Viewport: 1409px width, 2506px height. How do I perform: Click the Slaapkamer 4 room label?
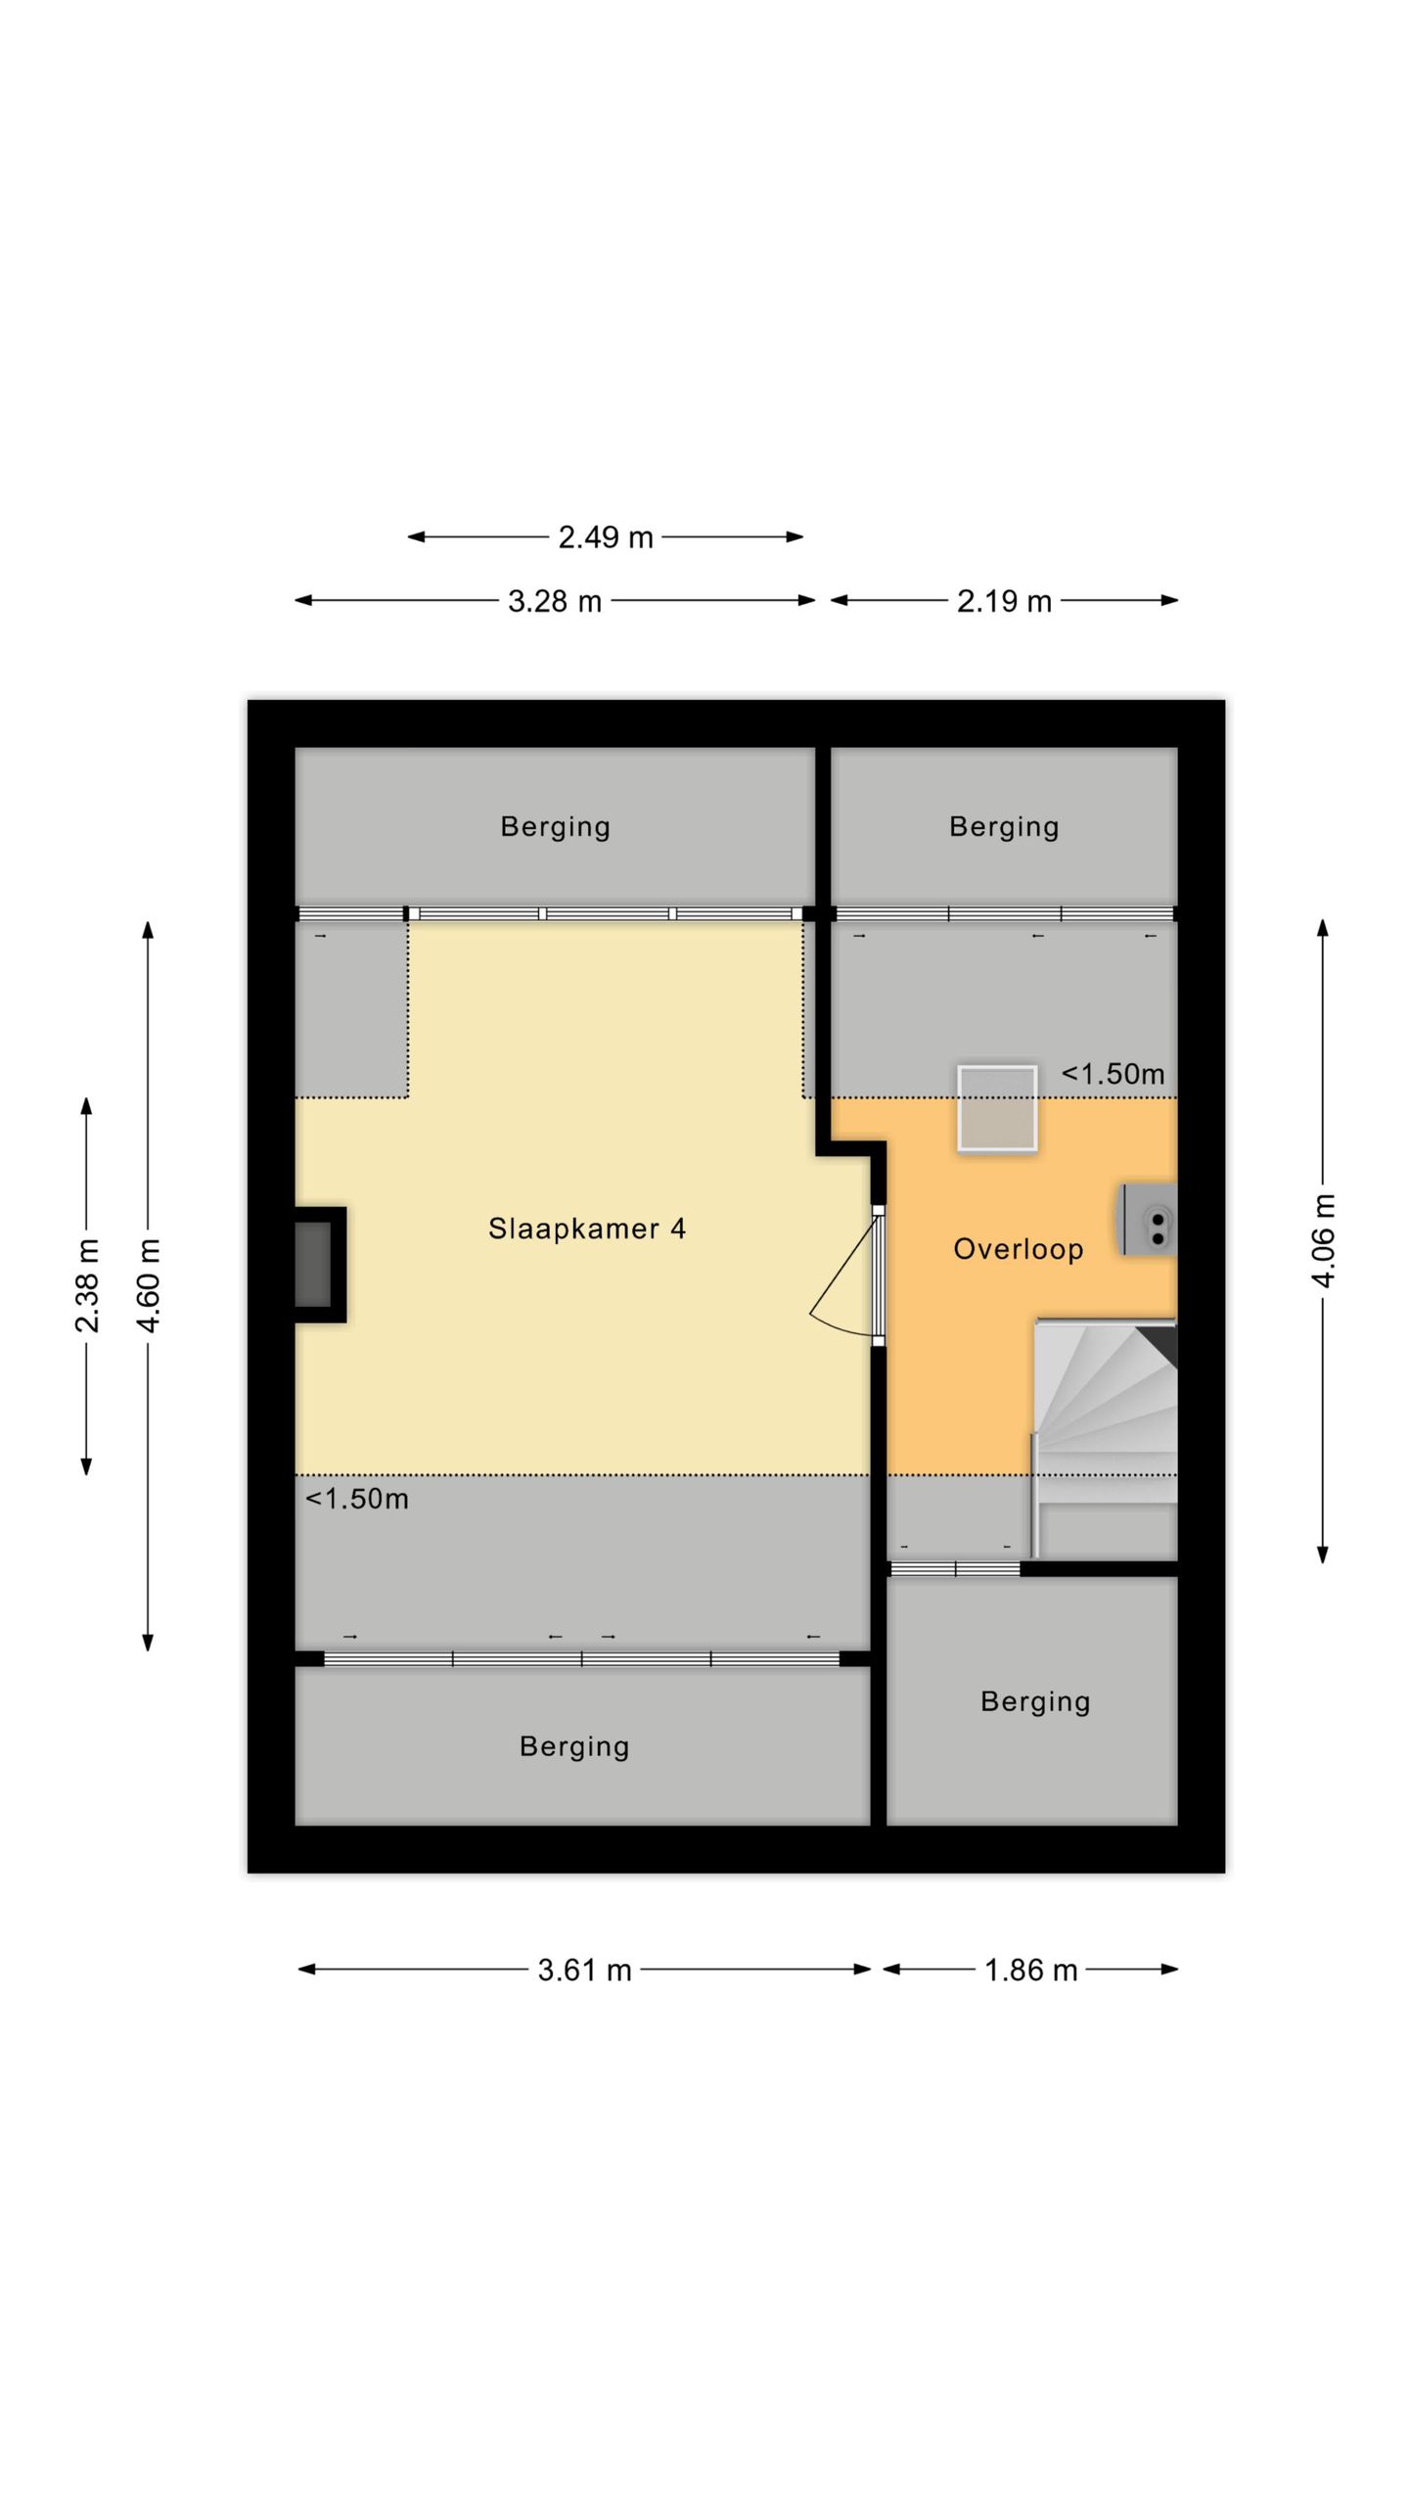click(x=586, y=1228)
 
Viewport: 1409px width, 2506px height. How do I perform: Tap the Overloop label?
click(x=1018, y=1248)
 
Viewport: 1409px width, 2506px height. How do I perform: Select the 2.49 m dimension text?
click(x=606, y=537)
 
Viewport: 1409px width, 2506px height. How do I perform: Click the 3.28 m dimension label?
click(x=555, y=601)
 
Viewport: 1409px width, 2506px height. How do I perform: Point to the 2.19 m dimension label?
click(x=1004, y=601)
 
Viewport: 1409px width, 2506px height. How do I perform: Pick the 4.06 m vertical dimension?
click(x=1323, y=1240)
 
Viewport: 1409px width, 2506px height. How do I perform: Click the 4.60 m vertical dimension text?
click(x=148, y=1285)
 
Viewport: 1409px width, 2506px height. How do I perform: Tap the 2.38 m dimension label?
click(x=86, y=1285)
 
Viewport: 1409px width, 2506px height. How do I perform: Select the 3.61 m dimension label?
click(x=584, y=1970)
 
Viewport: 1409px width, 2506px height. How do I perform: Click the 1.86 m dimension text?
click(x=1030, y=1970)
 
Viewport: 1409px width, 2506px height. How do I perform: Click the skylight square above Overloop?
click(x=997, y=1108)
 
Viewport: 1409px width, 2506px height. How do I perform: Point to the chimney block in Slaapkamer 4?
click(x=320, y=1265)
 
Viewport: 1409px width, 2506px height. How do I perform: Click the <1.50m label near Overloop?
click(x=1113, y=1074)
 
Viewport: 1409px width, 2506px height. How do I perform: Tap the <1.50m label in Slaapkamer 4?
click(x=356, y=1499)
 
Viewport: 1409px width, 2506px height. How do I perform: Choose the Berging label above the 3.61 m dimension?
click(x=574, y=1747)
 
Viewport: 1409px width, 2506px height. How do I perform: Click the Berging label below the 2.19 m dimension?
click(x=1004, y=827)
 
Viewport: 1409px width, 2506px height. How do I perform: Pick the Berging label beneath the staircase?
click(x=1035, y=1702)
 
